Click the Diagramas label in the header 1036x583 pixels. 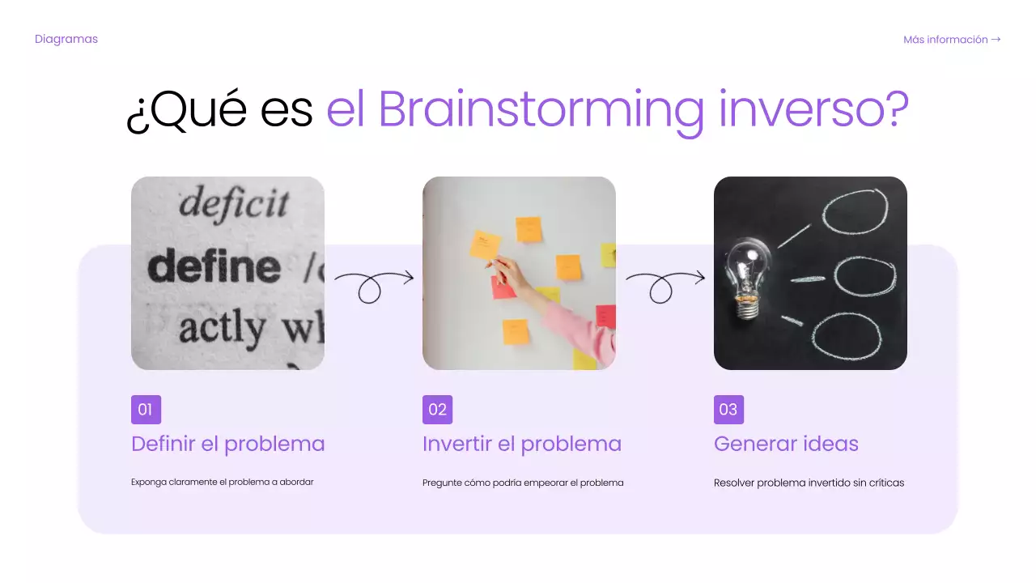[x=66, y=39]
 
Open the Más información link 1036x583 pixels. [x=952, y=39]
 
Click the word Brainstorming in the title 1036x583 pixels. [x=541, y=109]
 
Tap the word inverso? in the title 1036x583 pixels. [x=813, y=109]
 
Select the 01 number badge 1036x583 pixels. [x=146, y=410]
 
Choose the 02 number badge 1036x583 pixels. [x=437, y=410]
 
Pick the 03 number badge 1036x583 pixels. [x=728, y=410]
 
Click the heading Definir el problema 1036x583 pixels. [x=227, y=444]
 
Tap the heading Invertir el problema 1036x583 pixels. [x=522, y=444]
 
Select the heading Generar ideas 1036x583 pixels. [x=786, y=444]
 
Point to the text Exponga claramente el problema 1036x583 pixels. [x=222, y=482]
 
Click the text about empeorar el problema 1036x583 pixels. [x=523, y=483]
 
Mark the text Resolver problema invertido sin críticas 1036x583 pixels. [x=809, y=483]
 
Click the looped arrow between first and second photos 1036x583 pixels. [x=373, y=284]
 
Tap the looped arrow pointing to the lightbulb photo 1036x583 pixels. [x=664, y=284]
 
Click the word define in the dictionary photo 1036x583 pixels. [x=214, y=266]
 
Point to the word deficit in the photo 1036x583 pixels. [x=234, y=202]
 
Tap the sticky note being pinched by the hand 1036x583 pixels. [x=485, y=244]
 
